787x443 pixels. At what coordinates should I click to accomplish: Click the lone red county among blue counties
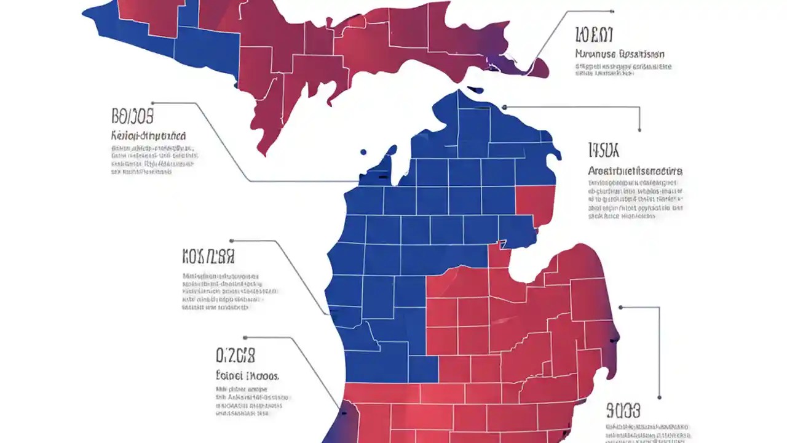[x=534, y=206]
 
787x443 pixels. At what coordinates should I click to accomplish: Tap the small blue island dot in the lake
[x=363, y=151]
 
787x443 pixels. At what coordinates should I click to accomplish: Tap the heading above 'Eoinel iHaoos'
[x=235, y=355]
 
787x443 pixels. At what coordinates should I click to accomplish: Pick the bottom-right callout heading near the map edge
[x=623, y=410]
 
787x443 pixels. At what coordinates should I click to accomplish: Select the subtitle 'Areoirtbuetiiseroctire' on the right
[x=635, y=170]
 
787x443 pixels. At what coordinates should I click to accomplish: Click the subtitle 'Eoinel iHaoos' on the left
[x=247, y=375]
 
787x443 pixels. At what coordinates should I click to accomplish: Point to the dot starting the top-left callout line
[x=153, y=103]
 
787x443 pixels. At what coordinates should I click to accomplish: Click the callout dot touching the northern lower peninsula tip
[x=504, y=107]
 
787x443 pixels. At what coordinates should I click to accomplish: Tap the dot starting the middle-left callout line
[x=231, y=241]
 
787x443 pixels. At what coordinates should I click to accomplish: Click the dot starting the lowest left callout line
[x=245, y=337]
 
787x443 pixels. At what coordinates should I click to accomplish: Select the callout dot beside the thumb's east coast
[x=621, y=306]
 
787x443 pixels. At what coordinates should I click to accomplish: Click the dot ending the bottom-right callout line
[x=659, y=397]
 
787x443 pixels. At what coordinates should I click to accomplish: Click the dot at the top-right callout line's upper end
[x=612, y=11]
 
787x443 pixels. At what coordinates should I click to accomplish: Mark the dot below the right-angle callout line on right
[x=639, y=130]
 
